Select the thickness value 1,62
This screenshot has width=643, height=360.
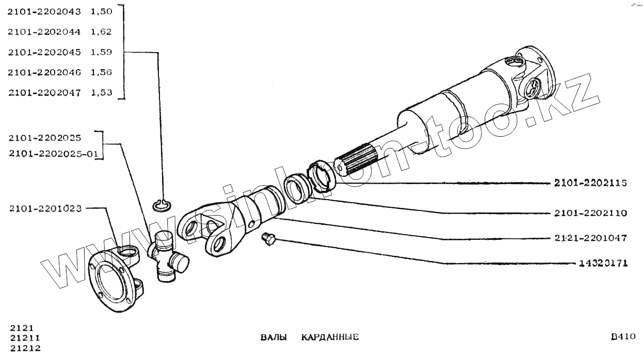[101, 31]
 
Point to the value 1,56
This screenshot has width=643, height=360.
[101, 72]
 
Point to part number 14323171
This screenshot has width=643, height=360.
[602, 263]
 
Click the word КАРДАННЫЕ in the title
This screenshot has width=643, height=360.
[330, 337]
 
